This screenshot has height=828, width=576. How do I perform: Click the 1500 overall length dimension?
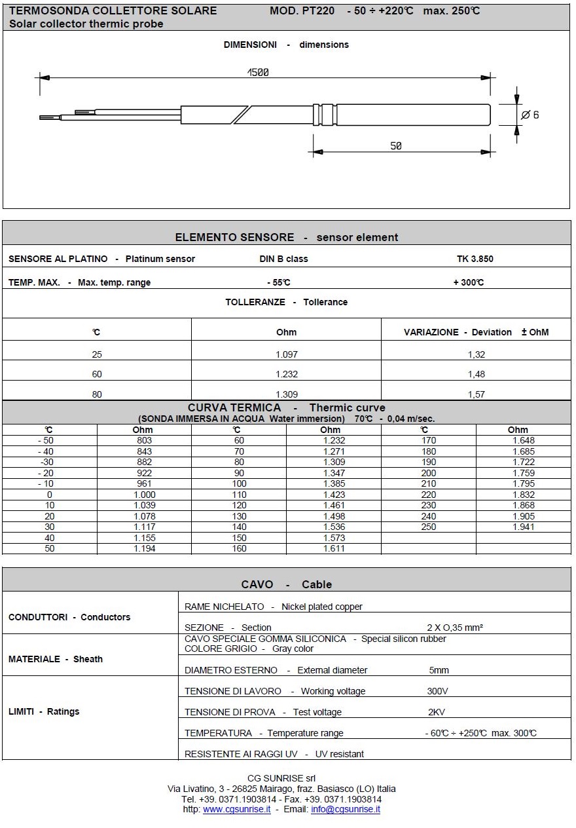[x=258, y=73]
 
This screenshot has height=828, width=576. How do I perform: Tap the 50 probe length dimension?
[x=396, y=146]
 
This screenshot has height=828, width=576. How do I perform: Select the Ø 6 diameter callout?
[x=530, y=115]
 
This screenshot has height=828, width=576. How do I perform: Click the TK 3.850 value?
[x=475, y=259]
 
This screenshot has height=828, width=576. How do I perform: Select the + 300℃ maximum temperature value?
[x=468, y=282]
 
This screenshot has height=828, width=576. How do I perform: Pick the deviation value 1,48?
[x=477, y=374]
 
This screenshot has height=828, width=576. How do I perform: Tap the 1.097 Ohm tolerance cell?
[x=287, y=354]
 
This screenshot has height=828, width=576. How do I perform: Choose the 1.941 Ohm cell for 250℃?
[x=523, y=527]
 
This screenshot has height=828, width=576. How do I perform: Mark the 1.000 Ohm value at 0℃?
[x=145, y=495]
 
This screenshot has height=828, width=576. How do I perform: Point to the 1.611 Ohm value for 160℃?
[x=334, y=548]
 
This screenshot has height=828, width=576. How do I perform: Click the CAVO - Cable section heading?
[x=286, y=584]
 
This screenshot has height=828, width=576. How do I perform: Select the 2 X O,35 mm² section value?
[x=455, y=628]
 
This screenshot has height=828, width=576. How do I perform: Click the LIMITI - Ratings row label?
[x=44, y=711]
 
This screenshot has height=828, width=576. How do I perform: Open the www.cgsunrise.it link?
[x=236, y=809]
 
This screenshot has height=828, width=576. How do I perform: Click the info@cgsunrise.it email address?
[x=345, y=809]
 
